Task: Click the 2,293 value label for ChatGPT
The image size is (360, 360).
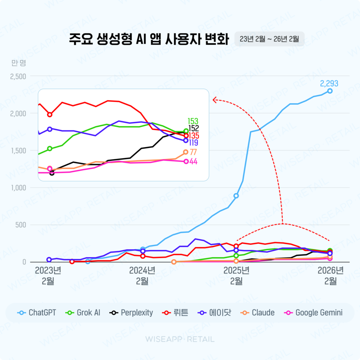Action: (x=329, y=84)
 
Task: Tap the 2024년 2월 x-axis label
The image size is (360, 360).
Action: (x=142, y=276)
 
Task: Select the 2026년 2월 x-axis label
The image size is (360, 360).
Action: (x=330, y=276)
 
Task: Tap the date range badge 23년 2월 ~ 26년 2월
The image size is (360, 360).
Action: (x=269, y=39)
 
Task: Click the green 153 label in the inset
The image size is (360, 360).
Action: (x=193, y=121)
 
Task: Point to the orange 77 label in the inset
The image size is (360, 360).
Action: (x=193, y=152)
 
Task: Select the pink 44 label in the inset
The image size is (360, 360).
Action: (x=193, y=162)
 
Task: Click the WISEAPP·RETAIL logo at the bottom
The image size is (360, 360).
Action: (x=180, y=339)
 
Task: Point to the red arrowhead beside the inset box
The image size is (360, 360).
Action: (x=215, y=99)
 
